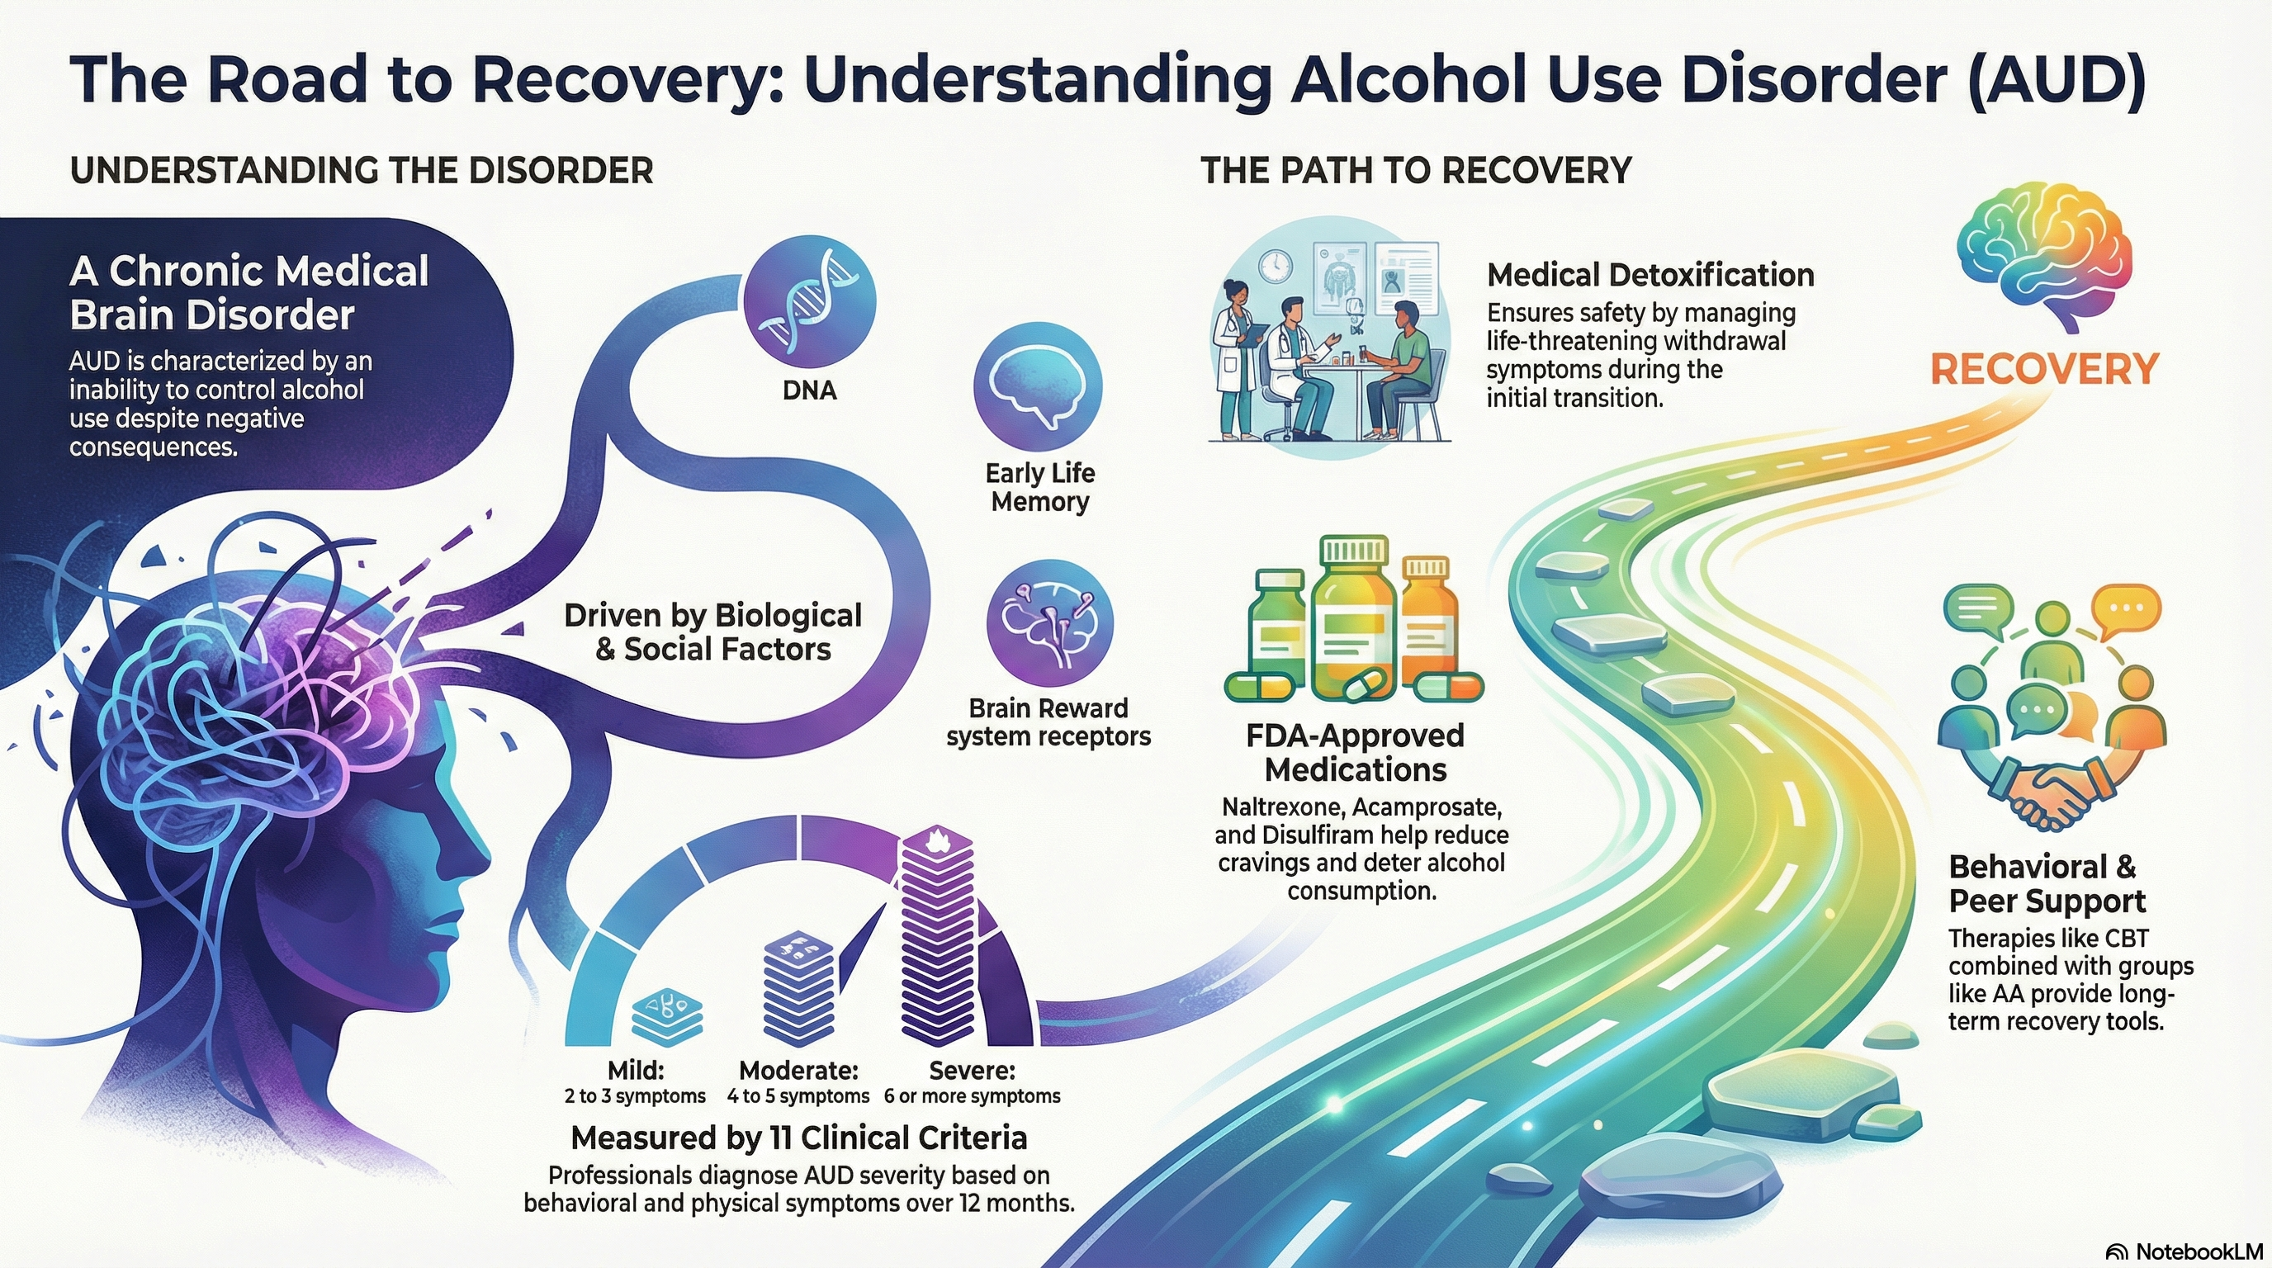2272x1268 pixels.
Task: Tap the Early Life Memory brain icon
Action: tap(1038, 386)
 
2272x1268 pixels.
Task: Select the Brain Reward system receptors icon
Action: tap(1048, 622)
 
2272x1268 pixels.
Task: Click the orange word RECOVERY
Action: tap(2044, 368)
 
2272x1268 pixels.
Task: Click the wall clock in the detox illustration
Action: tap(1276, 263)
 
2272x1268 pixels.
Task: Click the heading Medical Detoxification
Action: tap(1650, 275)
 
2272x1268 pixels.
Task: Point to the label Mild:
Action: tap(636, 1070)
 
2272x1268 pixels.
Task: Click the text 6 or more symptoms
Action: tap(972, 1096)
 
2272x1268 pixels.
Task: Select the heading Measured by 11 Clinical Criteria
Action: tap(798, 1138)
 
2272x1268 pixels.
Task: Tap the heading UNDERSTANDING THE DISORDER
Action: tap(362, 170)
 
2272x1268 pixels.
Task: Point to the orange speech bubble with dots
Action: tap(2126, 608)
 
